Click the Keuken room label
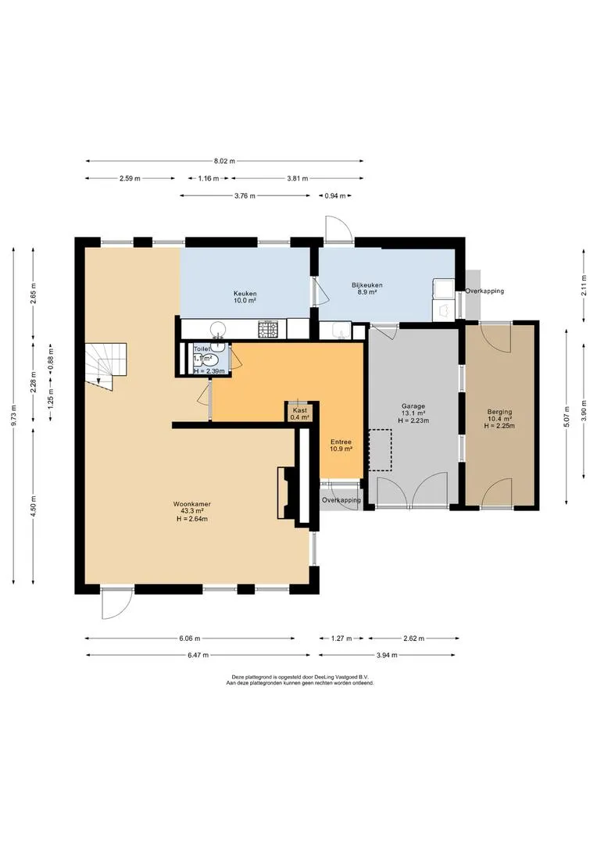pos(245,293)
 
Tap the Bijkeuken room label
pos(367,285)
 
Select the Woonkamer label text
pos(192,504)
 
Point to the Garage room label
pos(413,406)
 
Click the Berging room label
pos(499,412)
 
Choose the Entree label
pos(341,442)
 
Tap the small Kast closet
pos(300,413)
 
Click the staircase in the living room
pos(105,366)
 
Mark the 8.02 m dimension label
pos(224,161)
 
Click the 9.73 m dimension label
pos(14,415)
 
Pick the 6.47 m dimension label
pos(198,655)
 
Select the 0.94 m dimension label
pos(335,196)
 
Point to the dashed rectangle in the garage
pos(380,449)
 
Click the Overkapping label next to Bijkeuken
pos(484,291)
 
